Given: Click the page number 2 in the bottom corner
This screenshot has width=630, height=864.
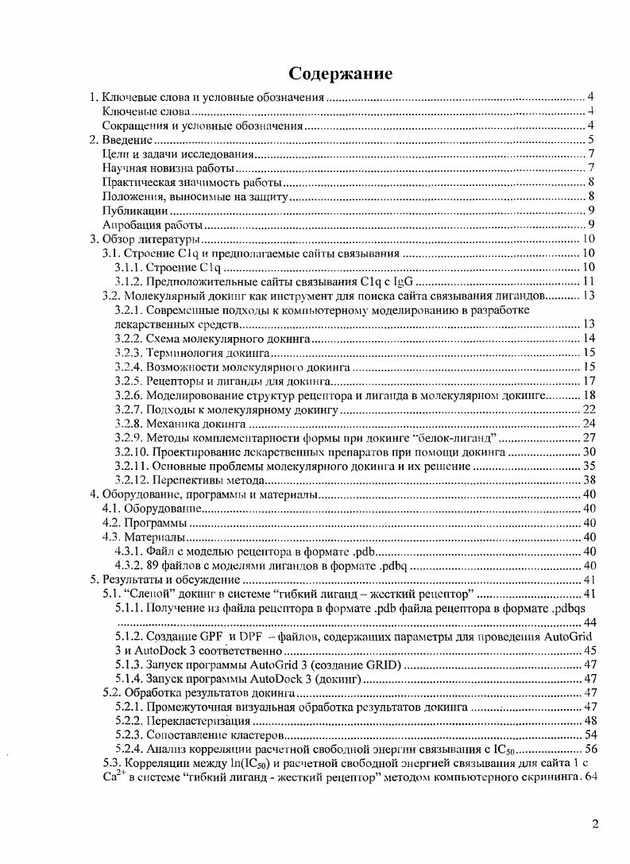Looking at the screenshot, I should coord(595,823).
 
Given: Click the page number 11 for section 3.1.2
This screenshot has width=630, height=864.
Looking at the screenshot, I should coord(589,281).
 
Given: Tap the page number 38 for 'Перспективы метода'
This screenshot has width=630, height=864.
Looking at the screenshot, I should coord(589,480).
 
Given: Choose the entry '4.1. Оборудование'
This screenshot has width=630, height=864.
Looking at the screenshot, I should coord(150,509).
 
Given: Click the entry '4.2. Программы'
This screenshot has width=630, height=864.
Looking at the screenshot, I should coord(145,523).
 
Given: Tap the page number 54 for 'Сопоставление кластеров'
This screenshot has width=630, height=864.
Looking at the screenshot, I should coord(589,734).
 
